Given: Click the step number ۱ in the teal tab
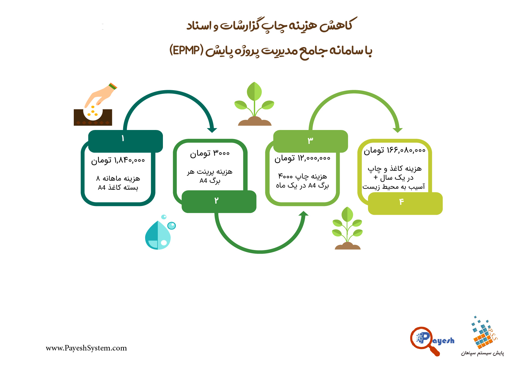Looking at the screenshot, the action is point(123,138).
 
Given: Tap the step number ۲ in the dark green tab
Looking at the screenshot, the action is point(216,201).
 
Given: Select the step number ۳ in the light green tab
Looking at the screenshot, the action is point(310,140).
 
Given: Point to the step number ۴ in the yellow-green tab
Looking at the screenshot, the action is point(401,202).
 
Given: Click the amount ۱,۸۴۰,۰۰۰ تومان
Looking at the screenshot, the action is point(118,160).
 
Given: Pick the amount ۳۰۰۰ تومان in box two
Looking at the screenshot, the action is point(210,154).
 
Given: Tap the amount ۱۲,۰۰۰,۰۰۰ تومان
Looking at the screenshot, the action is point(302,158).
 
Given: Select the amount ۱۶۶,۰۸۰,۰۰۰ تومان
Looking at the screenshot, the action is point(394,150).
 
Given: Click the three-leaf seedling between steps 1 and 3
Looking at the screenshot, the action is point(254,104).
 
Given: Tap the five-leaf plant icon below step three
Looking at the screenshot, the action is point(347,228).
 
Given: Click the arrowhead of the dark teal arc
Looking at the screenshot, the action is point(212,130).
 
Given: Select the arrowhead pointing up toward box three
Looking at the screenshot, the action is point(304,214).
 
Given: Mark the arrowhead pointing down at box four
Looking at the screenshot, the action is point(398,130).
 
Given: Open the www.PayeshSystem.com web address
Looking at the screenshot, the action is point(86,348).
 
